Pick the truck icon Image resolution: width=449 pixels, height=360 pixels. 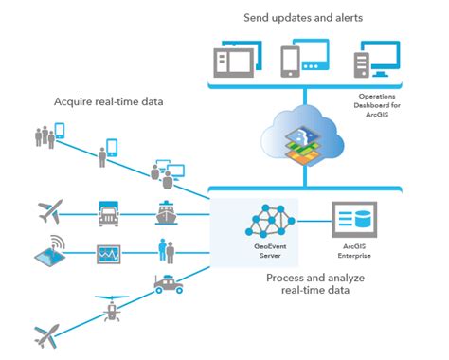click(107, 213)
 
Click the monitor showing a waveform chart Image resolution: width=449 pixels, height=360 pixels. click(107, 254)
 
